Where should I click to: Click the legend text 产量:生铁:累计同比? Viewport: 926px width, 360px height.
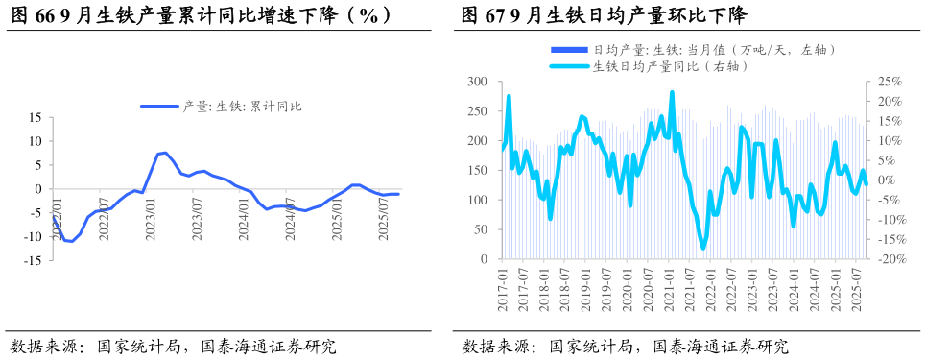242,107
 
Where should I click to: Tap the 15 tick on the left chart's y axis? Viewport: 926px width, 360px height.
34,117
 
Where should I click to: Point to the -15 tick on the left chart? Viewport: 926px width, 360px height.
32,260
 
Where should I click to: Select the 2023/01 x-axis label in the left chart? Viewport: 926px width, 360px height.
151,219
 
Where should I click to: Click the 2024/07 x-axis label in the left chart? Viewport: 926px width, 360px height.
290,219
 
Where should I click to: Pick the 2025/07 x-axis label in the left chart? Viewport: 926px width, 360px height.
383,219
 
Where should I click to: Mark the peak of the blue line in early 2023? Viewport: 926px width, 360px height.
165,153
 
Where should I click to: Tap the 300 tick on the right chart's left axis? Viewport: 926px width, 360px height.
478,83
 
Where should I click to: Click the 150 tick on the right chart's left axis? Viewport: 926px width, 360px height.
478,171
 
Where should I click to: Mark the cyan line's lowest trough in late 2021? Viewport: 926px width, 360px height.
703,248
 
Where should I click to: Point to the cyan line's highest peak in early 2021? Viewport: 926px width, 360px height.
672,93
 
